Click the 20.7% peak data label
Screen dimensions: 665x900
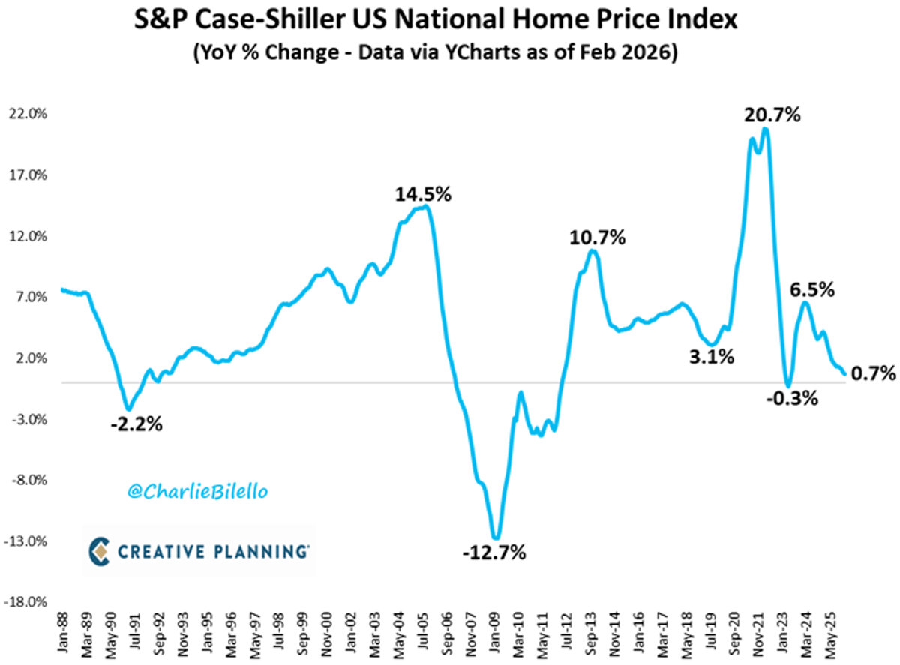[x=772, y=115]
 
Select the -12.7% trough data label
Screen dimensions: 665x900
[x=495, y=554]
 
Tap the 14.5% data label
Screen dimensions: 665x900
[x=424, y=195]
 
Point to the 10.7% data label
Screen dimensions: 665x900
[x=597, y=238]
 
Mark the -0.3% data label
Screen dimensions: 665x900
[x=791, y=399]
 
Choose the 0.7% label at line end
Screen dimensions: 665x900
[x=874, y=373]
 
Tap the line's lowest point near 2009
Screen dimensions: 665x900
[x=495, y=538]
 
